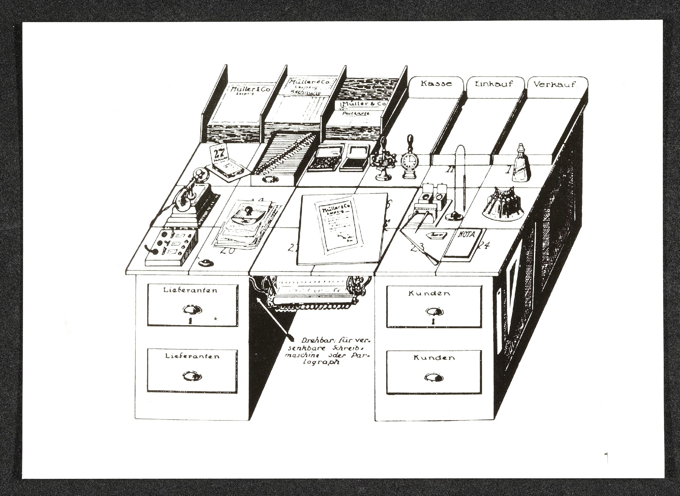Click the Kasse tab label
[436, 83]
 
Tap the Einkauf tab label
[495, 84]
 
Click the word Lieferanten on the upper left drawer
[191, 290]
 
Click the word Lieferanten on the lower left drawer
[193, 356]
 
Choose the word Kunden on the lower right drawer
[434, 357]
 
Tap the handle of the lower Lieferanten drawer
[192, 377]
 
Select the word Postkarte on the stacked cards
[356, 114]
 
